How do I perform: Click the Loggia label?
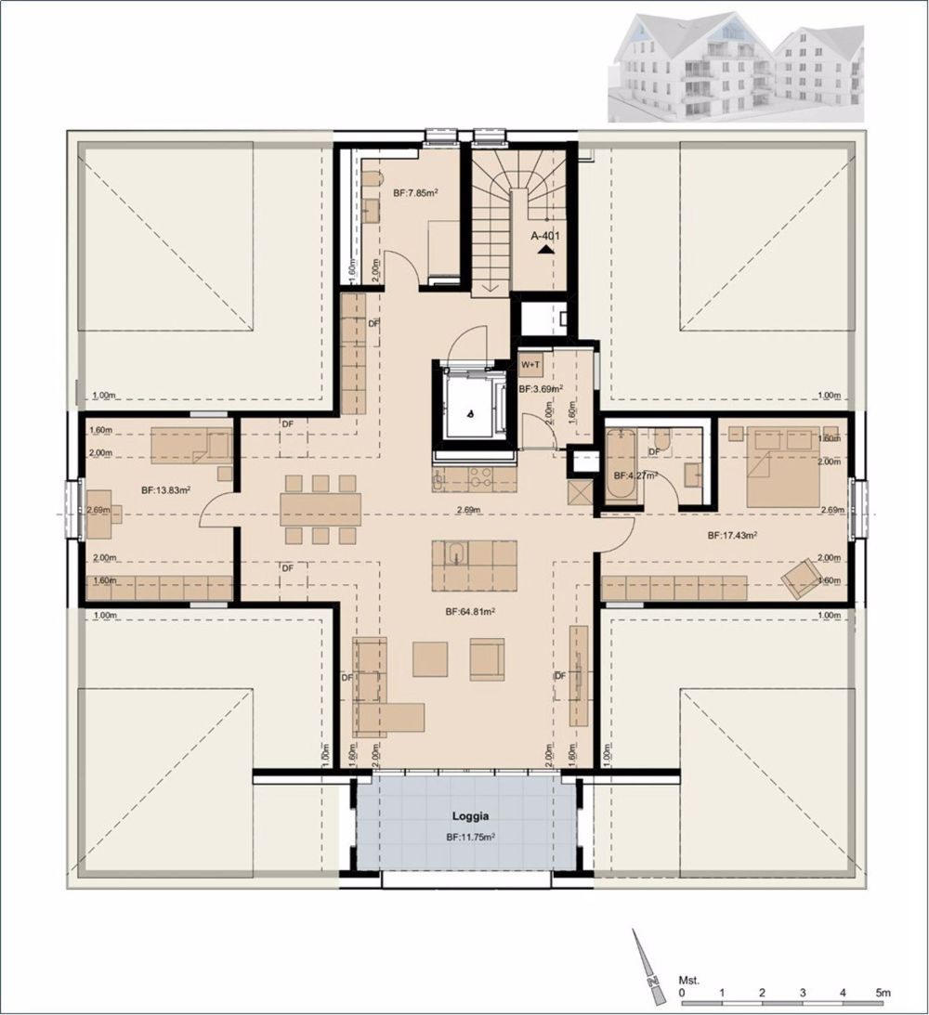coord(470,818)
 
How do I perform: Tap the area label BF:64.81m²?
coord(469,612)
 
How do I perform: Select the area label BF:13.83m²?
coord(166,489)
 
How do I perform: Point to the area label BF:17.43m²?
coord(731,536)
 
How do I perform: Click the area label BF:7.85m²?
coord(415,193)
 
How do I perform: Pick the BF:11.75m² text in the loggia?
coord(470,837)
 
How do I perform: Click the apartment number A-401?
coord(546,236)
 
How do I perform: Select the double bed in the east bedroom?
coord(782,466)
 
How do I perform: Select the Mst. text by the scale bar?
coord(688,980)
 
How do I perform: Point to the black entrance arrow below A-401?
coord(546,249)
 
